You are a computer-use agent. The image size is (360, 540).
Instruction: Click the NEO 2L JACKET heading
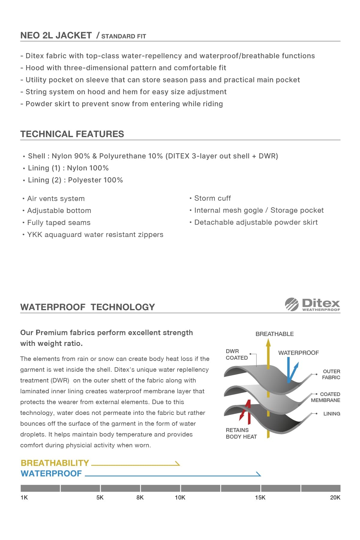[56, 35]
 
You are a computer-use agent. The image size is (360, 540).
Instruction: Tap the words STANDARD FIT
[124, 36]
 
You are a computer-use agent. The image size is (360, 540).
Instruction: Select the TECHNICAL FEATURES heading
[72, 134]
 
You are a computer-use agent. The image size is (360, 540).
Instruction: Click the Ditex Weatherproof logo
[312, 304]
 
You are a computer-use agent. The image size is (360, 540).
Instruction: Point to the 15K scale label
[260, 497]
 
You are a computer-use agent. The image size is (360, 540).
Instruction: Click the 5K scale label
[100, 497]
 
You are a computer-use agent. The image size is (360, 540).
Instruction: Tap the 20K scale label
[335, 497]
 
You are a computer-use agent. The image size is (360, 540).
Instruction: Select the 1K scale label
[24, 497]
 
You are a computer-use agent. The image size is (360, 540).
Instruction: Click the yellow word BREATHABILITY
[55, 463]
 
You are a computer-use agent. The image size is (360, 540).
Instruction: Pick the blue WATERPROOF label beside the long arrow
[51, 473]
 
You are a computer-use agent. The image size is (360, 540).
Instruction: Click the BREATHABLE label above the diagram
[274, 334]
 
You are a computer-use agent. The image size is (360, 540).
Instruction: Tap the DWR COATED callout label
[236, 354]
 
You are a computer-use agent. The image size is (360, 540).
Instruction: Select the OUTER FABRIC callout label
[331, 374]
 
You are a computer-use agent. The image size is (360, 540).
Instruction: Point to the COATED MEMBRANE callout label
[326, 397]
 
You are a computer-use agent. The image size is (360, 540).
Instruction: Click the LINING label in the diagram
[331, 414]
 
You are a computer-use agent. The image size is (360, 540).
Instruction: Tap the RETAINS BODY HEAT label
[241, 433]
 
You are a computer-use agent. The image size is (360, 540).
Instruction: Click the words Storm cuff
[212, 198]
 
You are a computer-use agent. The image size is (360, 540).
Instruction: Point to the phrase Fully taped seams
[59, 223]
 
